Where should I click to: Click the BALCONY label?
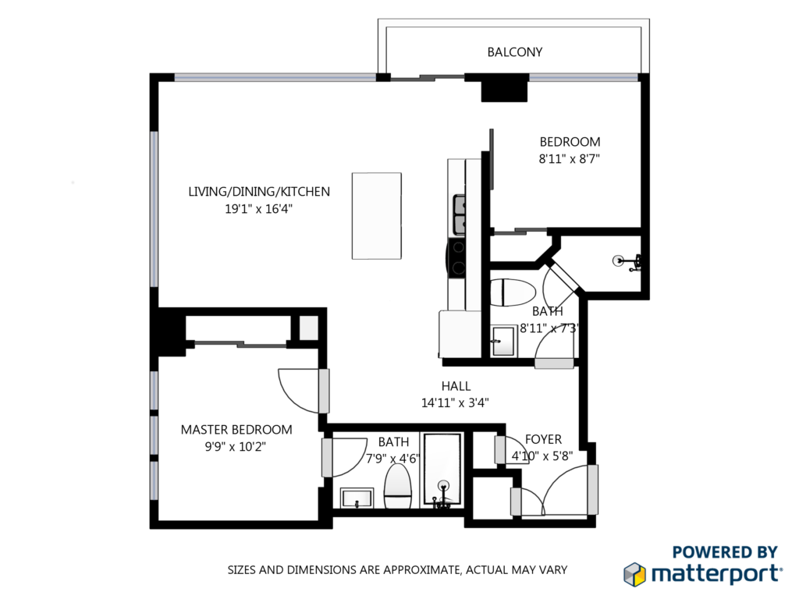(x=515, y=52)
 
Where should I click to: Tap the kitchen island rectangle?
(x=377, y=216)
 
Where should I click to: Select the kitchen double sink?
(x=459, y=215)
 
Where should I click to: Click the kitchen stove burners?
(x=458, y=257)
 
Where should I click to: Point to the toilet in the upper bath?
(x=513, y=292)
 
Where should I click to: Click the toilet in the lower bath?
(x=397, y=487)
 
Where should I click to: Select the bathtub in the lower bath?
(x=443, y=470)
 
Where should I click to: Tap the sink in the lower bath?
(x=357, y=498)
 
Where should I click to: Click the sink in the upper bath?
(x=503, y=342)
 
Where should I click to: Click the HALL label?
(x=456, y=386)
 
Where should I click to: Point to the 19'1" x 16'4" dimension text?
(x=259, y=209)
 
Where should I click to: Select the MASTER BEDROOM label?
(x=236, y=430)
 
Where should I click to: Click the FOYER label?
(x=543, y=439)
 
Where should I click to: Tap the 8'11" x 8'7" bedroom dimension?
(x=569, y=159)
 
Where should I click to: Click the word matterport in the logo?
(x=717, y=575)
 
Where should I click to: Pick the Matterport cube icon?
(x=635, y=574)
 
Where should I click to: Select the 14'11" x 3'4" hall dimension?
(x=455, y=403)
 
